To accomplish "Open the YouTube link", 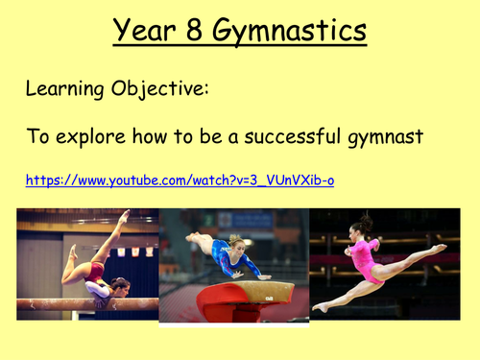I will tap(179, 180).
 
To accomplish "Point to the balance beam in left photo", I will tap(86, 304).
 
